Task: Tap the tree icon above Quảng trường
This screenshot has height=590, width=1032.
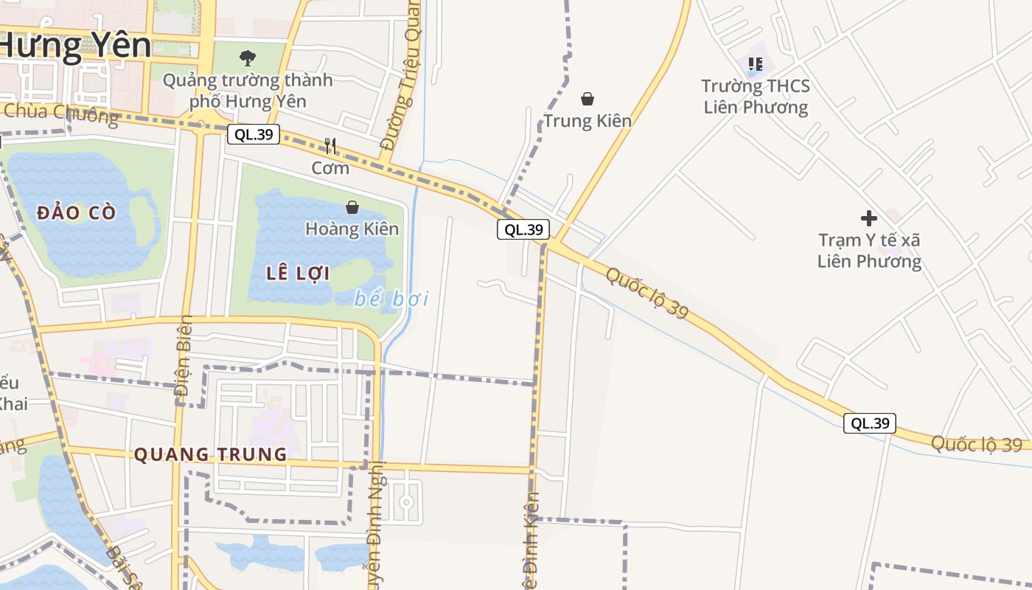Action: pyautogui.click(x=248, y=57)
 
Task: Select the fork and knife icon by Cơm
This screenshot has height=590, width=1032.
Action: pyautogui.click(x=330, y=146)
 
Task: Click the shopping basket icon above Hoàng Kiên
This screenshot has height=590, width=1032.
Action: pyautogui.click(x=352, y=207)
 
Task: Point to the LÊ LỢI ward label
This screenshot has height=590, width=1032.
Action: pyautogui.click(x=298, y=274)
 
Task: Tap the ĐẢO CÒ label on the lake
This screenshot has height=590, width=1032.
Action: pyautogui.click(x=76, y=213)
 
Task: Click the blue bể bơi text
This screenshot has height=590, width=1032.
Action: pyautogui.click(x=391, y=299)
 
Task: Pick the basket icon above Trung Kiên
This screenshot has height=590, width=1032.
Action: pyautogui.click(x=588, y=98)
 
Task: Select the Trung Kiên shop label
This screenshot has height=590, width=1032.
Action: pyautogui.click(x=588, y=120)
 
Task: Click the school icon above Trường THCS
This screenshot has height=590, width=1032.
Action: pyautogui.click(x=756, y=64)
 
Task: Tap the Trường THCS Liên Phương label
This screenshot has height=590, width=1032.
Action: pyautogui.click(x=756, y=97)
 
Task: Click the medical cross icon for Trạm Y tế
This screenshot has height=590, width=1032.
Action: pyautogui.click(x=869, y=218)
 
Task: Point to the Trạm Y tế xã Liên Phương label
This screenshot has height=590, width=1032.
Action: pyautogui.click(x=870, y=251)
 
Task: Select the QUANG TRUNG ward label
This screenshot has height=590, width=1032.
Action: pyautogui.click(x=210, y=454)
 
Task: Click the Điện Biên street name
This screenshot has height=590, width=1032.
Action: pyautogui.click(x=184, y=361)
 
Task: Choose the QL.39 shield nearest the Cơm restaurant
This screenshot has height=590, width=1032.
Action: pyautogui.click(x=253, y=134)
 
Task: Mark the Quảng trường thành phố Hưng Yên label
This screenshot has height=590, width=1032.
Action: pyautogui.click(x=248, y=90)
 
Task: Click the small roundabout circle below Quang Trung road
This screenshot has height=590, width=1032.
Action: pyautogui.click(x=405, y=502)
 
